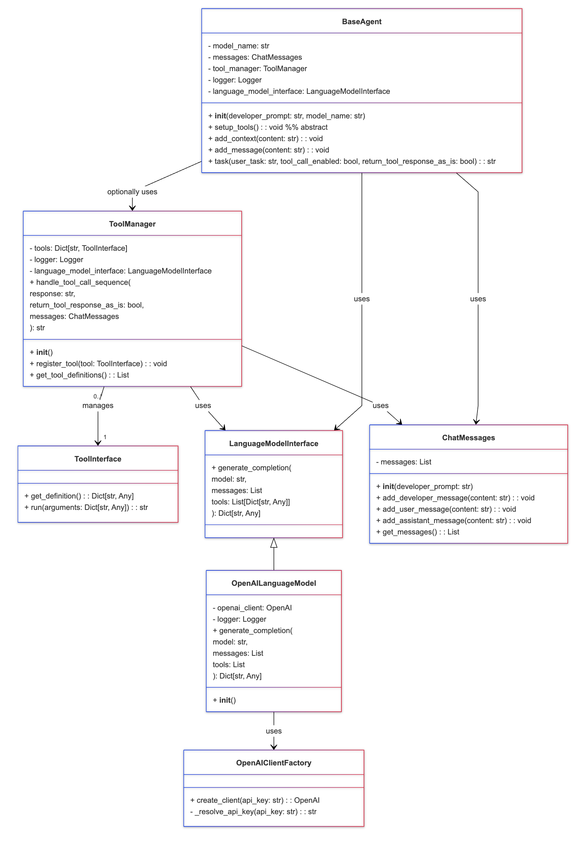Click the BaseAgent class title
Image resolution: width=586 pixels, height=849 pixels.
tap(361, 22)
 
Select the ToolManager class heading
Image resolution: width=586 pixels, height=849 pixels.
tap(132, 224)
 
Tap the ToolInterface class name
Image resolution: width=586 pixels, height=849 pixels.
tap(98, 459)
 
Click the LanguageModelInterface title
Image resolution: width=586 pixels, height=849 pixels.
tap(274, 444)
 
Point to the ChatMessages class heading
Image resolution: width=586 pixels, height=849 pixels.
tap(468, 438)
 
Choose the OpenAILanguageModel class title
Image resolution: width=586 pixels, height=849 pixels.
tap(274, 583)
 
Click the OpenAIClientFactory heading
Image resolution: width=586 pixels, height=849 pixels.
tap(274, 763)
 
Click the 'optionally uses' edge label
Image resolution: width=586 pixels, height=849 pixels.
tap(132, 192)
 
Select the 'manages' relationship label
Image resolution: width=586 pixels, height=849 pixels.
tap(98, 405)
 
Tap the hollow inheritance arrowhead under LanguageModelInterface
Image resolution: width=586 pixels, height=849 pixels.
tap(274, 543)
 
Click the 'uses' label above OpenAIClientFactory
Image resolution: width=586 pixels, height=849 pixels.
tap(274, 731)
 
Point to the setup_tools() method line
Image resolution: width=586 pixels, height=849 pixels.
tap(268, 127)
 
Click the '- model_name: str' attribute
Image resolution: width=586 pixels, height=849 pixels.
tap(239, 46)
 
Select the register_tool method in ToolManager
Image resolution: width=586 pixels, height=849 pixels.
tap(98, 363)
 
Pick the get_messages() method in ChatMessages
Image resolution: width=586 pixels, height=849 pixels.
tap(417, 532)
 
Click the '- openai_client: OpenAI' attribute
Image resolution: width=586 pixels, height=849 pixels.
tap(252, 607)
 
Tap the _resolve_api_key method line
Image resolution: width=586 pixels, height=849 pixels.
tap(253, 812)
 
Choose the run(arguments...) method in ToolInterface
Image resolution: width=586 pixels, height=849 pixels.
tap(86, 507)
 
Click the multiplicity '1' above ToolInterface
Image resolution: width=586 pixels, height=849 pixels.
tap(105, 437)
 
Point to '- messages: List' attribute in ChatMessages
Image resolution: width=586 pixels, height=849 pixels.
tap(403, 462)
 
